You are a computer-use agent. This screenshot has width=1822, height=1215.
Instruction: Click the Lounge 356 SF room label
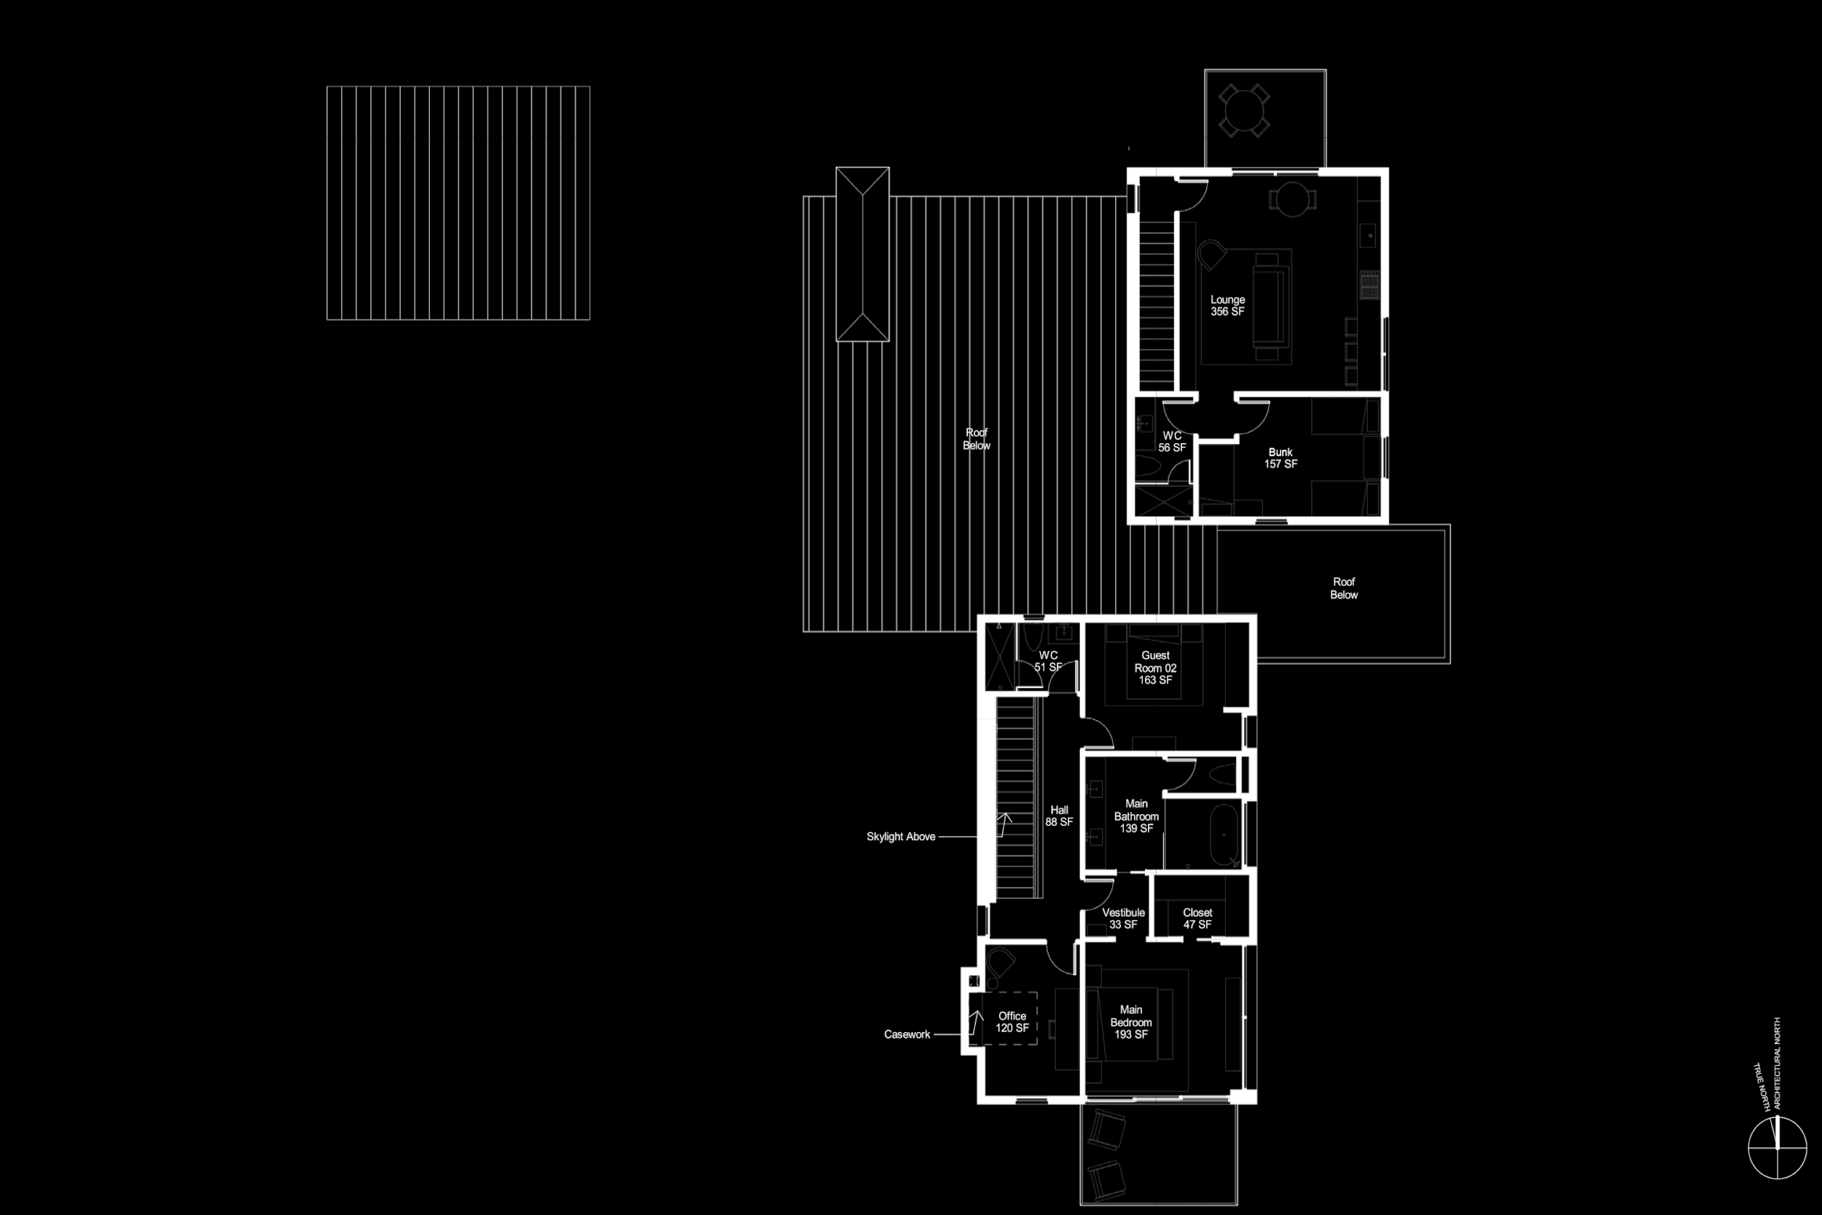tap(1227, 305)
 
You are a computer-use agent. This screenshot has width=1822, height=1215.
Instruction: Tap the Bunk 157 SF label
tap(1281, 458)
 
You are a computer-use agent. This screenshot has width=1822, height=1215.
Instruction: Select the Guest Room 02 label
tap(1155, 667)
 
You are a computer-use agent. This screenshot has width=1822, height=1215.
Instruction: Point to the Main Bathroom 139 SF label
tap(1136, 816)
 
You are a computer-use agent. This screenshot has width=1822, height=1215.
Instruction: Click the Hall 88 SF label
tap(1059, 816)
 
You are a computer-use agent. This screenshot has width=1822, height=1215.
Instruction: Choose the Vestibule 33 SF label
tap(1123, 918)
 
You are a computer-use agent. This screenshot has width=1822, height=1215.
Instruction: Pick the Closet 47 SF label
tap(1197, 918)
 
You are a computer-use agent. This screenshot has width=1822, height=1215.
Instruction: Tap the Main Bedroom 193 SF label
tap(1131, 1022)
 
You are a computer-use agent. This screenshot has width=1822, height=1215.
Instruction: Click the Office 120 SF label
tap(1012, 1022)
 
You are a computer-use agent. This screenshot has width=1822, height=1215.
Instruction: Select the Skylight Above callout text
tap(900, 837)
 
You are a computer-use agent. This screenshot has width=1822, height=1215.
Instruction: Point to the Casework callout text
tap(907, 1034)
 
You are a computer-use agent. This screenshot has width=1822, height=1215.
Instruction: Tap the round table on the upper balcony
tap(1243, 111)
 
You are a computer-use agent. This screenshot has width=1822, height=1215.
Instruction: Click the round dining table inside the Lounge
tap(1292, 199)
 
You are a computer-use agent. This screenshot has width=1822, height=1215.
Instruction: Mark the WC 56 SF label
tap(1172, 442)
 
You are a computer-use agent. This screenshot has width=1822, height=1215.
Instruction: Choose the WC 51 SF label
tap(1048, 661)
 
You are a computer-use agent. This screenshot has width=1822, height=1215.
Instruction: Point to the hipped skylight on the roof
tap(862, 254)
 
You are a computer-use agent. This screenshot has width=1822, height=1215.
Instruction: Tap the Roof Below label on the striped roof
tap(976, 439)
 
